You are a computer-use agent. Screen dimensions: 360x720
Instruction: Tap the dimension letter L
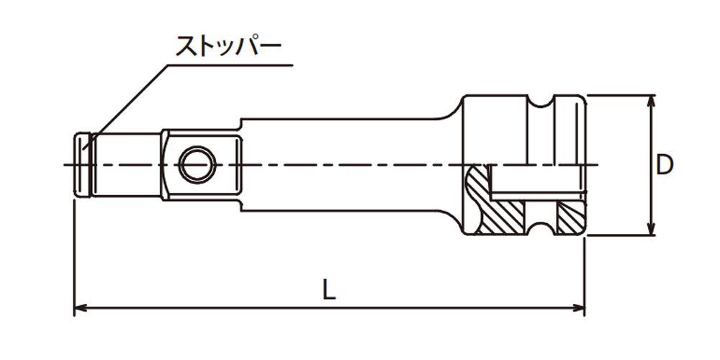click(x=329, y=289)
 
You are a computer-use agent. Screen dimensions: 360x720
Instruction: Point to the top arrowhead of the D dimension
click(x=652, y=101)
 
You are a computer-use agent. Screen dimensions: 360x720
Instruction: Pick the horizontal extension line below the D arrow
click(x=619, y=235)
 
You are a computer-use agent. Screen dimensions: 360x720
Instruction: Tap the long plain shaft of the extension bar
click(x=346, y=144)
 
